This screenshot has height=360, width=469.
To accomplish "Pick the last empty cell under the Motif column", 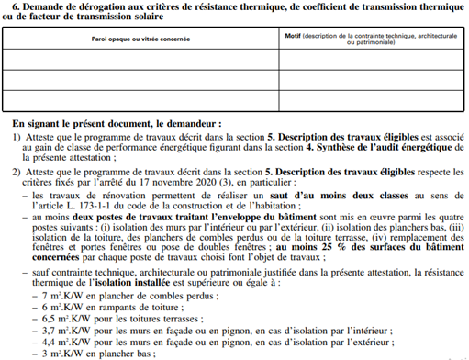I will tap(372, 101).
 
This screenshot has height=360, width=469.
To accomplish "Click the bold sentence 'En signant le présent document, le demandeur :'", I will tap(117, 122).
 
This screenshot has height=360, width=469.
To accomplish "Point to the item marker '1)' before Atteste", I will tap(17, 136).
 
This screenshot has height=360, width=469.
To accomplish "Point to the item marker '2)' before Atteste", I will tap(17, 172).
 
